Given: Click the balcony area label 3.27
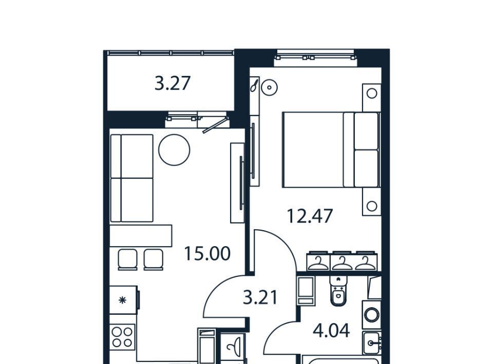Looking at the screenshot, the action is click(173, 84).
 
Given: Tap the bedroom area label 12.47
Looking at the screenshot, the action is click(310, 216).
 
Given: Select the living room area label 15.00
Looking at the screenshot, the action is click(207, 254).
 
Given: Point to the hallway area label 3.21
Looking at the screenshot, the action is click(261, 297).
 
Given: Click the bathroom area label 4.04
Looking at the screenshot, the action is click(331, 331).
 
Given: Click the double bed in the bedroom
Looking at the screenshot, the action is click(331, 150).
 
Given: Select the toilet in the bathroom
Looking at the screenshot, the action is click(338, 290).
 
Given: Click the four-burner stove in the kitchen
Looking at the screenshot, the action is click(122, 337).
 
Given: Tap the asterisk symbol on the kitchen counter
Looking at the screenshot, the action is click(122, 300).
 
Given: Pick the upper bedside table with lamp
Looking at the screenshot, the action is click(372, 97).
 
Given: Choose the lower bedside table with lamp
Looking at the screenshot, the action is click(372, 202).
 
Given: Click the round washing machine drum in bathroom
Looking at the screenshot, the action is click(372, 315).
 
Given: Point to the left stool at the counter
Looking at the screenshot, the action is click(128, 260).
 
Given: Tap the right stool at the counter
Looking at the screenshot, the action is click(154, 260).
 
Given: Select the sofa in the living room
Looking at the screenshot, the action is click(132, 178).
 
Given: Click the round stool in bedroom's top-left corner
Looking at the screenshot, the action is click(270, 87).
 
